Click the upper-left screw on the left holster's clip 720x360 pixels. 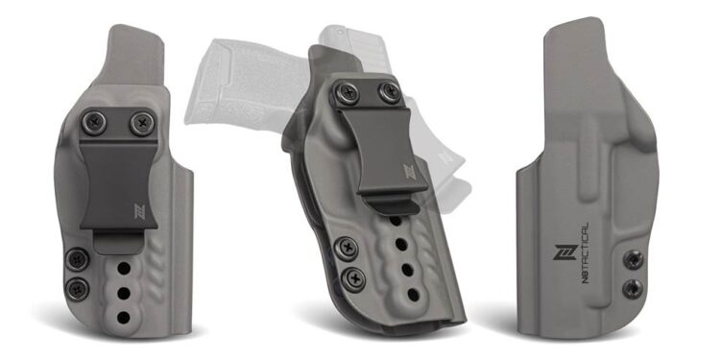click(94, 123)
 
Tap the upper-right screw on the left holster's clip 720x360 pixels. click(142, 123)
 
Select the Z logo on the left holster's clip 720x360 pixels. click(139, 211)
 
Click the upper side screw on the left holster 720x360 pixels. click(77, 259)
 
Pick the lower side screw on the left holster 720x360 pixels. click(77, 289)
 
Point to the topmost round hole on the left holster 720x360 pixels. click(124, 268)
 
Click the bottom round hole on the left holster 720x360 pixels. click(123, 317)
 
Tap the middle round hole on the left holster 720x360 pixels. click(123, 293)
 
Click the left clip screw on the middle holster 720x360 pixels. click(347, 93)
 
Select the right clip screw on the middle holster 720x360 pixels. click(390, 92)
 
